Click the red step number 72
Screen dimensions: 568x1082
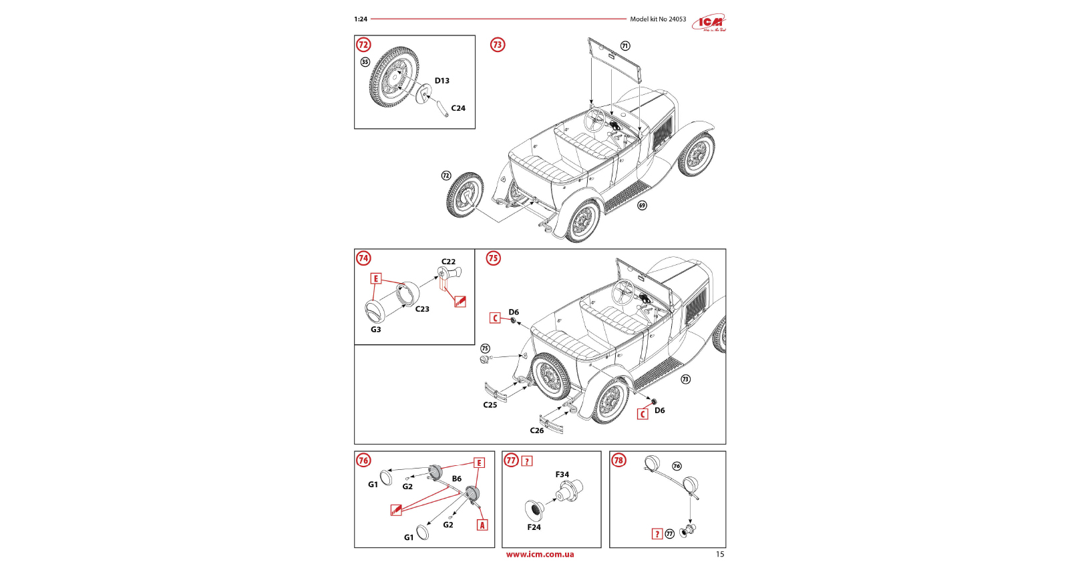tap(363, 45)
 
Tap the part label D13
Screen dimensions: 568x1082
tap(441, 81)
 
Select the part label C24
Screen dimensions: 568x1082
tap(458, 108)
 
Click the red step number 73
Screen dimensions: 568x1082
tap(498, 45)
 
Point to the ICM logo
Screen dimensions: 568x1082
tap(709, 23)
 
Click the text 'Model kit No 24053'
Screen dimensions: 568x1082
tap(657, 19)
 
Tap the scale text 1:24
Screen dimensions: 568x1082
tap(361, 19)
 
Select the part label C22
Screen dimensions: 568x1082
tap(448, 262)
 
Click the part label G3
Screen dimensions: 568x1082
tap(376, 330)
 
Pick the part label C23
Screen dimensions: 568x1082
tap(422, 309)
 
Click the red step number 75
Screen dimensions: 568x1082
tap(493, 258)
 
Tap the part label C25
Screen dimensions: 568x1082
tap(490, 405)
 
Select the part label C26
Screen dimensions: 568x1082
tap(536, 431)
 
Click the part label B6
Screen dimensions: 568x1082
tap(456, 479)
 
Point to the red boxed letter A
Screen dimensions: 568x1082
tap(482, 525)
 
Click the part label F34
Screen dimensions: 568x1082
tap(562, 475)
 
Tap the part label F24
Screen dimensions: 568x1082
tap(534, 527)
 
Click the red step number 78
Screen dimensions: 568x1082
tap(618, 461)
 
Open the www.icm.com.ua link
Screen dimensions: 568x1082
tap(540, 554)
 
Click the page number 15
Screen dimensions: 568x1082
tap(719, 554)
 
